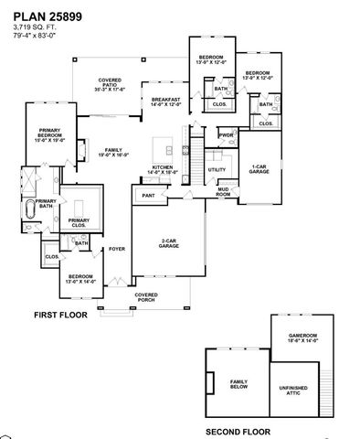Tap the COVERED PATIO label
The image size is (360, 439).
110,85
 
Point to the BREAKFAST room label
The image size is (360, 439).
165,102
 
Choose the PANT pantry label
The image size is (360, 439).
147,195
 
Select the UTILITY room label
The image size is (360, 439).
217,169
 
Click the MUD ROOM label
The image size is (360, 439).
222,192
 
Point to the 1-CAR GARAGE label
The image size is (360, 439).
259,169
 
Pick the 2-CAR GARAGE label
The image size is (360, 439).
167,243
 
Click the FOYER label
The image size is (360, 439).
116,248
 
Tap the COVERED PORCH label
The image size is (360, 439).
146,297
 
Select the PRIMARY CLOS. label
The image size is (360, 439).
79,222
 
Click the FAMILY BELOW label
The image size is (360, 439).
238,384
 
